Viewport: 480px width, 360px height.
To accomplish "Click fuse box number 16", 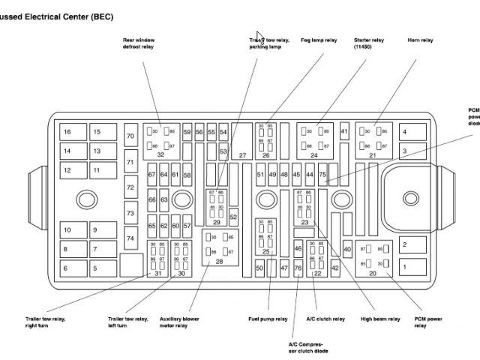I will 68,132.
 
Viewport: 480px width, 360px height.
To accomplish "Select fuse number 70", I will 130,136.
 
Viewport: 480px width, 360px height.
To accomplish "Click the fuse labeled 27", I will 242,155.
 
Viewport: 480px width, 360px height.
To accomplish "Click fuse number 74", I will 130,238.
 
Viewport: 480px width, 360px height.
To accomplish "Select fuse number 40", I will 347,250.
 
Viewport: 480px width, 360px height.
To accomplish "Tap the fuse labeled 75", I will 322,175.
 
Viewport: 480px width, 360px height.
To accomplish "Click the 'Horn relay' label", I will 420,40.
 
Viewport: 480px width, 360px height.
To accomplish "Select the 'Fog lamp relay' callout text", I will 319,40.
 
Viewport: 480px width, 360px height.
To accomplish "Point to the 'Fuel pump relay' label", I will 268,319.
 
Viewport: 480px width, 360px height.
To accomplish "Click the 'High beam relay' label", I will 379,319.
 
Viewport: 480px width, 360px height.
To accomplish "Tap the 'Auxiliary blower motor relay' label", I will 179,322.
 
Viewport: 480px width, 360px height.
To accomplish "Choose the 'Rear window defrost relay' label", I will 139,43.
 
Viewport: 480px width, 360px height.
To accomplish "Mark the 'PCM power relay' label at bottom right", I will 428,322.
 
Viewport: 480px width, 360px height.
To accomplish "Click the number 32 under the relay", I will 160,154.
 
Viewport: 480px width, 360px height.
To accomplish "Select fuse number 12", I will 68,170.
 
